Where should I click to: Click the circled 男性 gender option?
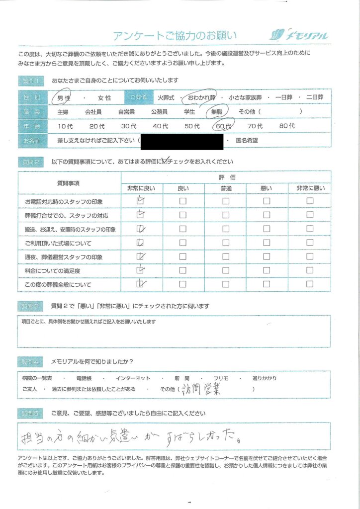pos(64,98)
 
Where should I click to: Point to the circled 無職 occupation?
pos(217,112)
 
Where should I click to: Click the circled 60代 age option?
pos(222,126)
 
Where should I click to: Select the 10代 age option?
pos(65,126)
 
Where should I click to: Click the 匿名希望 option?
pos(246,141)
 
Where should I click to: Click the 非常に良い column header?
pos(141,188)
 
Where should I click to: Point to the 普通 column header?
pos(226,188)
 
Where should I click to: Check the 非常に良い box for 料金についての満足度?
pos(141,270)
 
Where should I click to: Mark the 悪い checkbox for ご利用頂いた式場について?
pos(267,243)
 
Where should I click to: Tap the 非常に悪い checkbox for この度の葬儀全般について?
pos(310,284)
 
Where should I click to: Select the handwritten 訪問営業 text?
pos(201,389)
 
